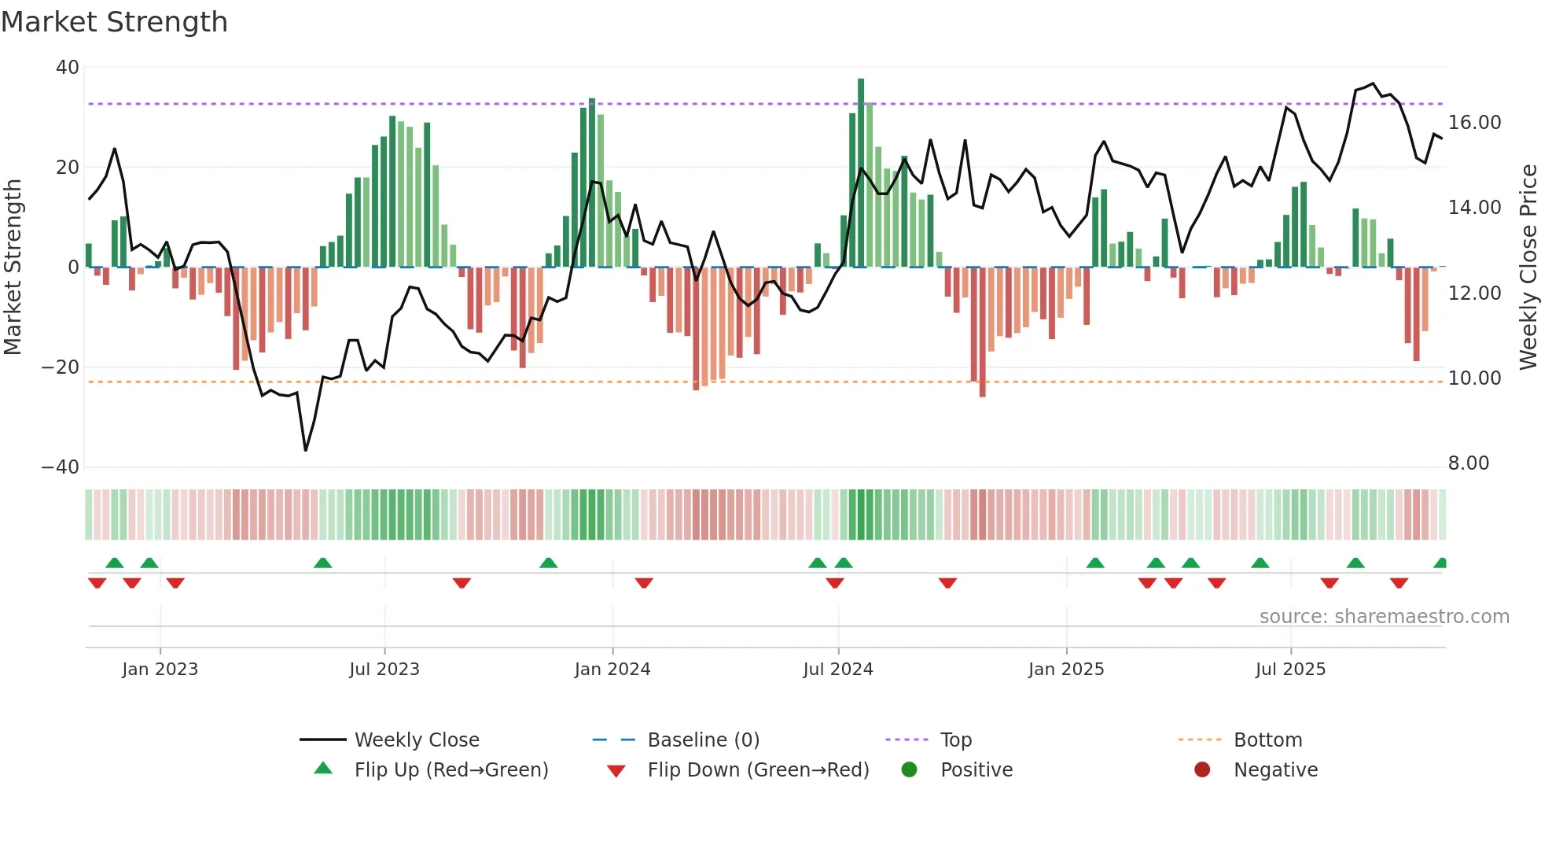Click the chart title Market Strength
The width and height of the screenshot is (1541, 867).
coord(114,22)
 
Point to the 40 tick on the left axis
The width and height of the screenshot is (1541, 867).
coord(68,68)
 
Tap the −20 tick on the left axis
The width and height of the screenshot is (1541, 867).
coord(61,367)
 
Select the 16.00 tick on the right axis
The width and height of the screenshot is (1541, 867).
coord(1474,123)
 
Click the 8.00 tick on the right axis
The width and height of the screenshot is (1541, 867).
coord(1468,463)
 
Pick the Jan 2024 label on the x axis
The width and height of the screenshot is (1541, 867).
coord(612,670)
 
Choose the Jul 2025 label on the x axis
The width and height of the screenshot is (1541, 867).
coord(1290,670)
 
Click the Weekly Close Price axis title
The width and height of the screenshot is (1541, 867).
coord(1528,267)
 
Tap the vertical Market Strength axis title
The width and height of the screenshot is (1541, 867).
coord(13,267)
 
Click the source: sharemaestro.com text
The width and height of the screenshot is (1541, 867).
coord(1384,617)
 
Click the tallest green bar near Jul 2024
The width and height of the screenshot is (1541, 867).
coord(861,173)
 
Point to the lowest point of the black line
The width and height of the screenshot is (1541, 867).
coord(306,450)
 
